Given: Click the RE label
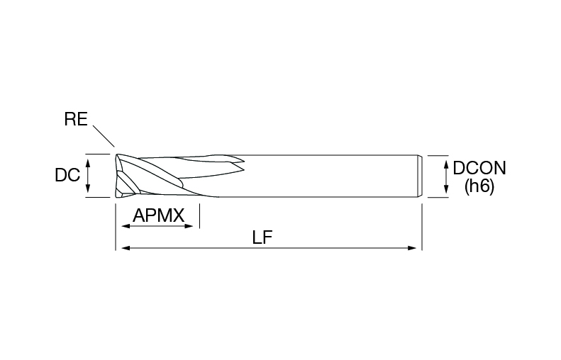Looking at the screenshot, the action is click(76, 118).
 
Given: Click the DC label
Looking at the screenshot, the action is click(67, 175).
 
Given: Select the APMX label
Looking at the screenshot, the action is click(158, 215).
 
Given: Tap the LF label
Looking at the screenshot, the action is click(262, 237).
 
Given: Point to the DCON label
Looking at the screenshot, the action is click(479, 168).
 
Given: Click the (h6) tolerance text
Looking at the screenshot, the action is click(479, 186).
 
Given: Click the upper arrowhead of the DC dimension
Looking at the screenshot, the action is click(88, 164).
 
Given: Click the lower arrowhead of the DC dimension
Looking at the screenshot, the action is click(88, 188).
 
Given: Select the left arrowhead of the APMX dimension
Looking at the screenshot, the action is click(126, 226).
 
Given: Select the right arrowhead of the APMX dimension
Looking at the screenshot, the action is click(189, 226).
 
